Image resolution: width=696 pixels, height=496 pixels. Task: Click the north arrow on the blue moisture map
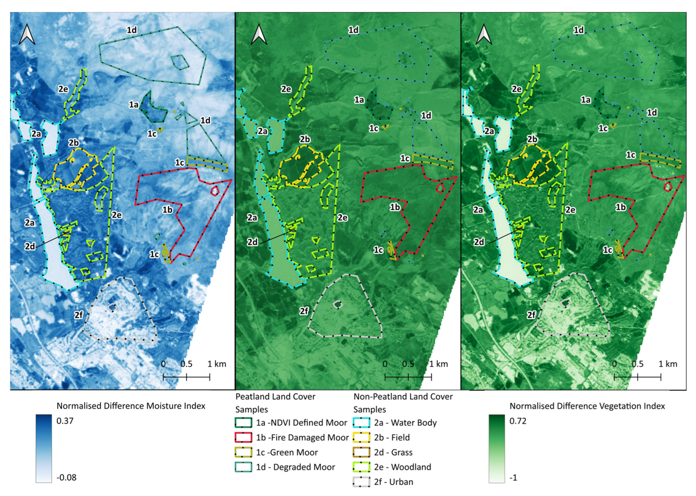tap(27, 34)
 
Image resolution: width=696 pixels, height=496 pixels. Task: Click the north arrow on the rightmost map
tap(484, 34)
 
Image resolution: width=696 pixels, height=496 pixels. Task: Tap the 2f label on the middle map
tap(304, 311)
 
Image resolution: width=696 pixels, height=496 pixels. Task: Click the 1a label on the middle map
tap(359, 100)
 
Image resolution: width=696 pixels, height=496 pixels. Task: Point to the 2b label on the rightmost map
tap(532, 139)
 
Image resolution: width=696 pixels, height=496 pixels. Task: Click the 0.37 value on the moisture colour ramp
tap(65, 421)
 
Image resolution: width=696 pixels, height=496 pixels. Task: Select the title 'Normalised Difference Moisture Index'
tap(131, 406)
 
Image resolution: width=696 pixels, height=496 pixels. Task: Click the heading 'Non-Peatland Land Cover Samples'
tap(403, 403)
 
